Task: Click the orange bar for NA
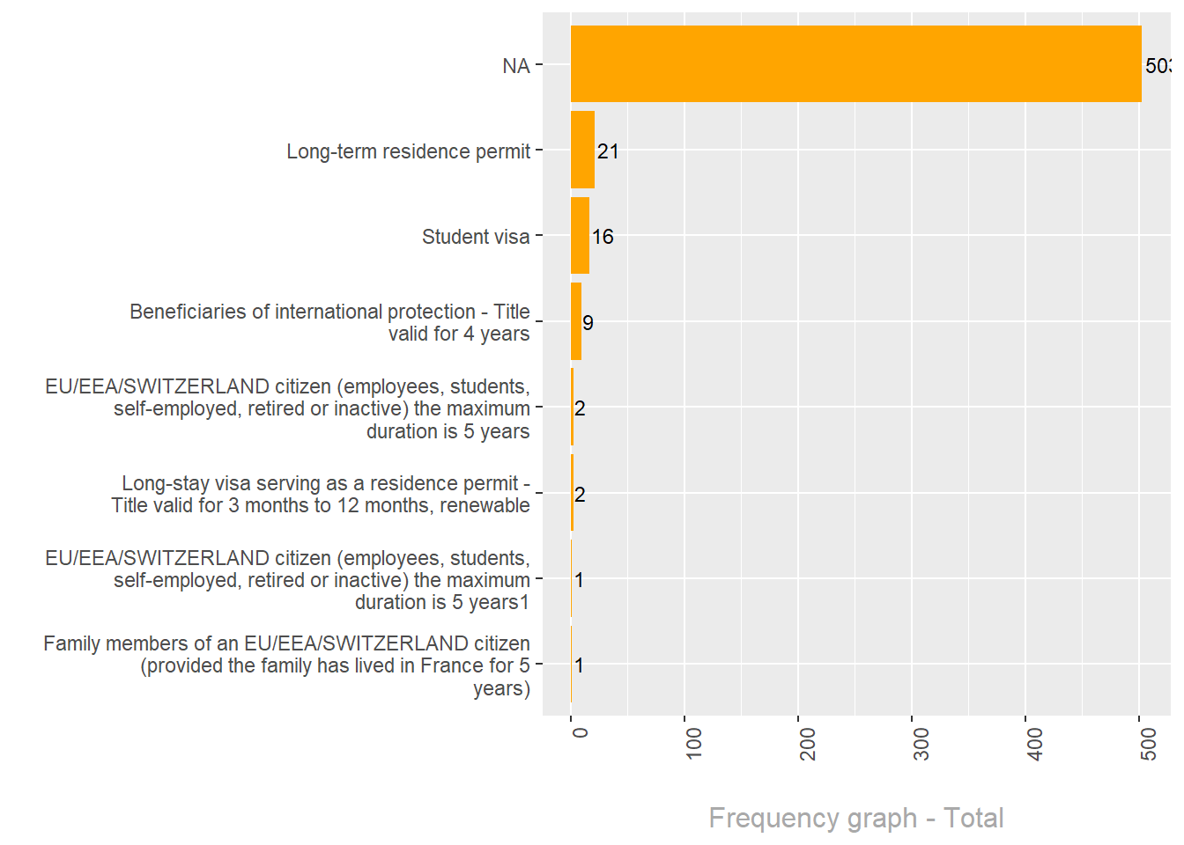[855, 64]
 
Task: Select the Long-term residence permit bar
[582, 150]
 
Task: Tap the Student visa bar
[580, 235]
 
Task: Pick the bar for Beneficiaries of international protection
[576, 321]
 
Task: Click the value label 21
[608, 151]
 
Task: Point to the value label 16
[603, 237]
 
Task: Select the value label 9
[588, 323]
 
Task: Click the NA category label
[516, 66]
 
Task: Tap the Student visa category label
[476, 237]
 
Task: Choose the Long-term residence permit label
[408, 151]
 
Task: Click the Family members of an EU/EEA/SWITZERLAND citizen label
[286, 665]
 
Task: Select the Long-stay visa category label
[321, 494]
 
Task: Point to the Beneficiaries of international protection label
[329, 322]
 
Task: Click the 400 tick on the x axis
[1035, 743]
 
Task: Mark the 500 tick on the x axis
[1149, 743]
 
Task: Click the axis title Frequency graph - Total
[855, 818]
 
